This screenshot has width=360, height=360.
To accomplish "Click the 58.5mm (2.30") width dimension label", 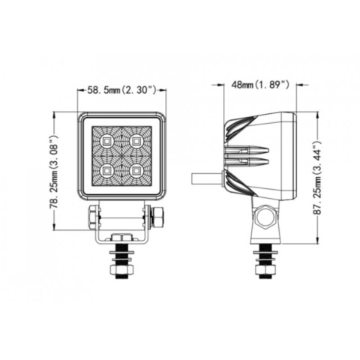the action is coord(121,90).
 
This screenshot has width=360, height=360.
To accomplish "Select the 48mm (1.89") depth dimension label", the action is coord(260,85).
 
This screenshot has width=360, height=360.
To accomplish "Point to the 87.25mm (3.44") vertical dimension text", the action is coord(317,178).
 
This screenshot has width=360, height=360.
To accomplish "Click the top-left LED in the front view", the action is coord(106,142).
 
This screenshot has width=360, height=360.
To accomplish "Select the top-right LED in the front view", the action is coord(136,142).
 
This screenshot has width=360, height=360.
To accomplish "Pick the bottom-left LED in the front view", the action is coord(106,171).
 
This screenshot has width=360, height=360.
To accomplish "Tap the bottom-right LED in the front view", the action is coord(136,171).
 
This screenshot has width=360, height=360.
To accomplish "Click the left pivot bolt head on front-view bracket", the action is coord(92,217).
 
